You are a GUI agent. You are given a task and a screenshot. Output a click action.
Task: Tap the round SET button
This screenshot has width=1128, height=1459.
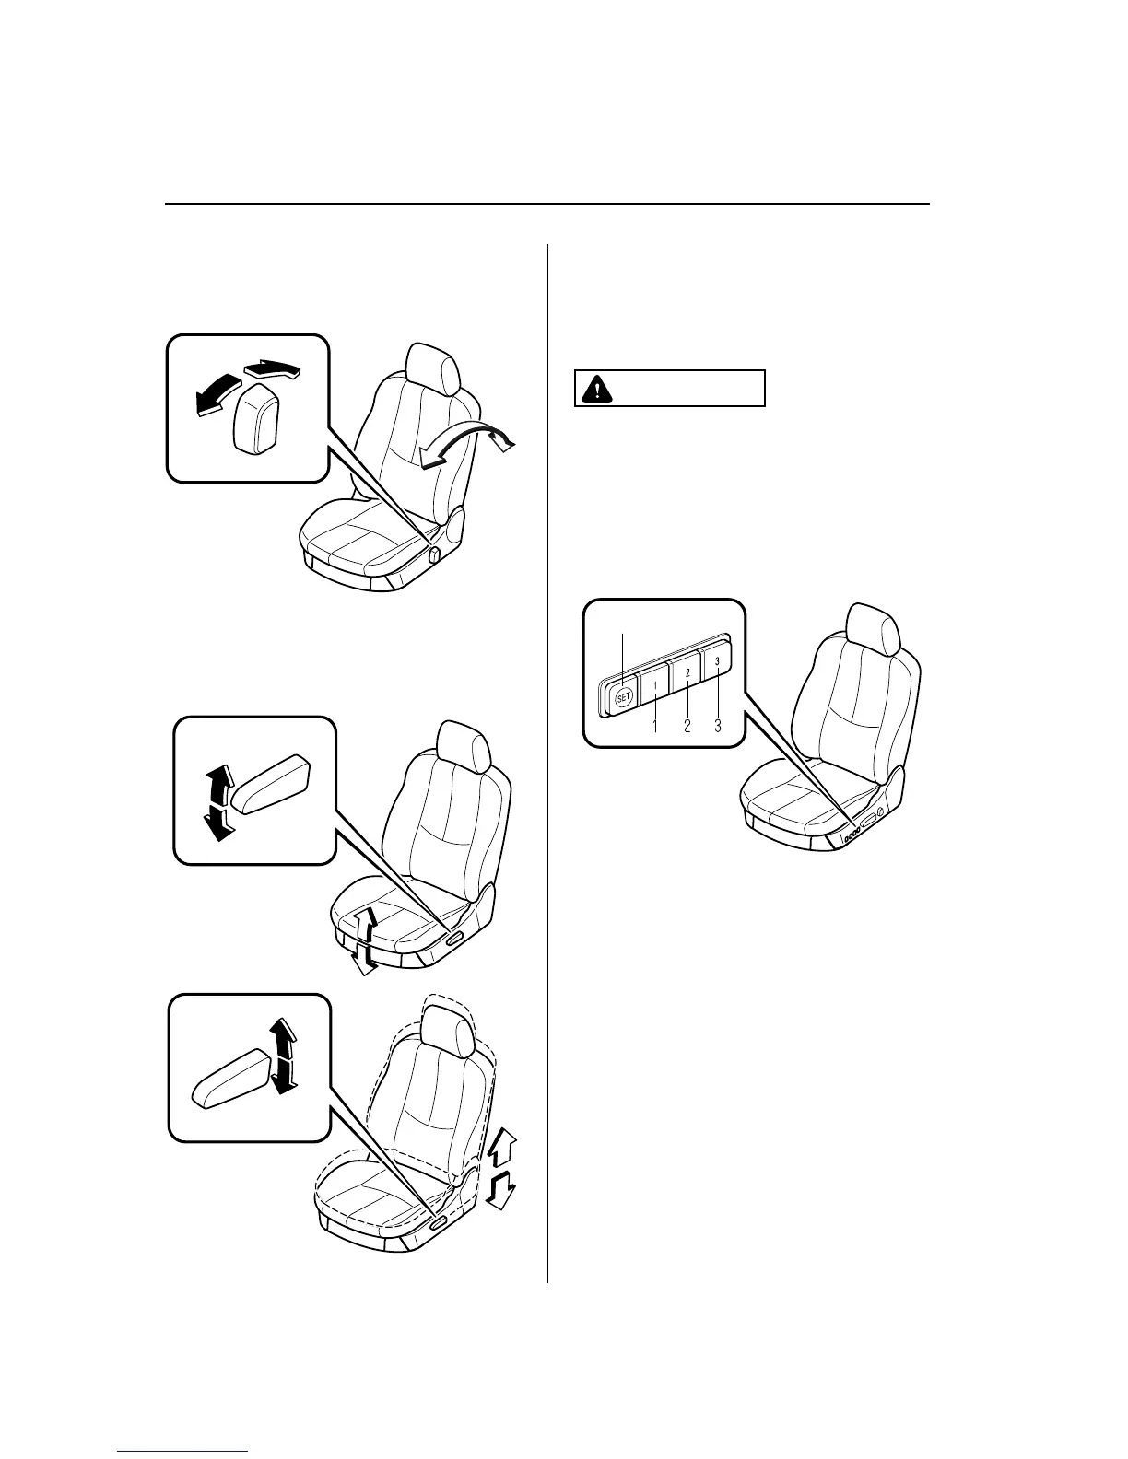click(x=623, y=697)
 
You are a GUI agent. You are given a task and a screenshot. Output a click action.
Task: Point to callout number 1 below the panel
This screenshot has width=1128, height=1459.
click(x=655, y=726)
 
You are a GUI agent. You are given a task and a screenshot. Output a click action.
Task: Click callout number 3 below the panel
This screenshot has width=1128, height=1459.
click(x=717, y=726)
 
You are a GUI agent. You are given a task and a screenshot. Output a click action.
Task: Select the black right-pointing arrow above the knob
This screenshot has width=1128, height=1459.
click(x=275, y=371)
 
